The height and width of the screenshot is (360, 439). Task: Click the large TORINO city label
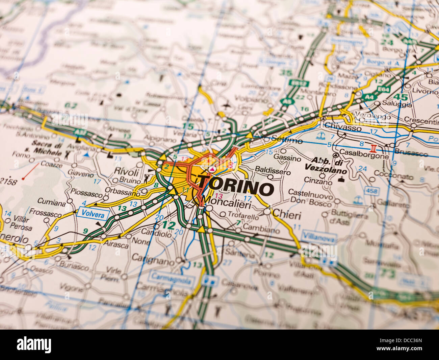(236, 188)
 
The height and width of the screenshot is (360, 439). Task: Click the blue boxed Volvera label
(93, 214)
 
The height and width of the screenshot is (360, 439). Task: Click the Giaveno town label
(80, 174)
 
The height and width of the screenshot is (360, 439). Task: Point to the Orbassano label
(122, 192)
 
